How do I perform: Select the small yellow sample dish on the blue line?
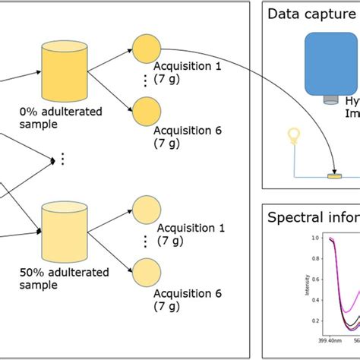pyautogui.click(x=333, y=176)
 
